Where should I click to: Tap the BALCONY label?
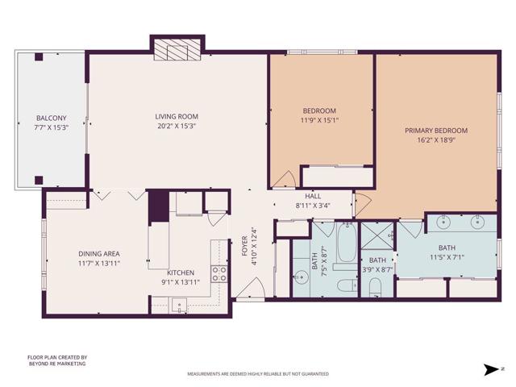(50, 118)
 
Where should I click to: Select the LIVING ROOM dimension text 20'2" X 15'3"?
(176, 126)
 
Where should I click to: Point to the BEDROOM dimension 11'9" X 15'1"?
(319, 120)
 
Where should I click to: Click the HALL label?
(313, 196)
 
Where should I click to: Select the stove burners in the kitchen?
(219, 273)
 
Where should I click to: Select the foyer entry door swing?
(250, 287)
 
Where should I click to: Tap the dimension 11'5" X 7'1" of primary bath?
(446, 258)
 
